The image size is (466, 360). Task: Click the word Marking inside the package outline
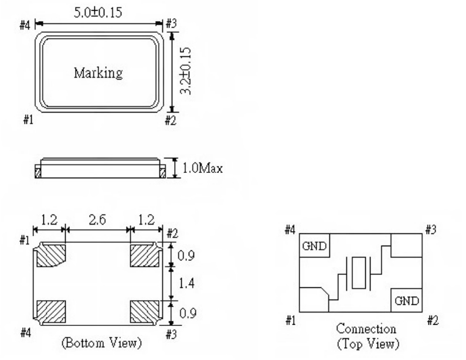(98, 73)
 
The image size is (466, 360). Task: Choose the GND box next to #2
(407, 301)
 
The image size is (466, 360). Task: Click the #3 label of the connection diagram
(430, 229)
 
